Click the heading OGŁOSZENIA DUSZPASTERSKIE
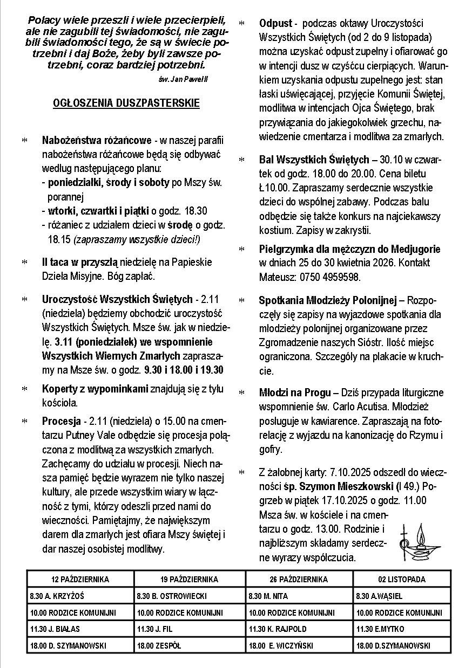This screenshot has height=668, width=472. pos(126,103)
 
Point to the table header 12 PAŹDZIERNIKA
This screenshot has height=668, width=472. pos(80,580)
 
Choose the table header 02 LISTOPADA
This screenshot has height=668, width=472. pos(402,580)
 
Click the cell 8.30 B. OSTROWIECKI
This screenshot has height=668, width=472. pos(171,596)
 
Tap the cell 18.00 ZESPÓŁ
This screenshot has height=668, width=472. pos(159,645)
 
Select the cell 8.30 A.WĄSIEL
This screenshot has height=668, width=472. pos(379,596)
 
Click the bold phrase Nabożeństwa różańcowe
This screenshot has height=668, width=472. pos(96,141)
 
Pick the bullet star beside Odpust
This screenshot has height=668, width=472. pos(241,24)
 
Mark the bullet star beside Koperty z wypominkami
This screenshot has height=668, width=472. pos(24,389)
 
